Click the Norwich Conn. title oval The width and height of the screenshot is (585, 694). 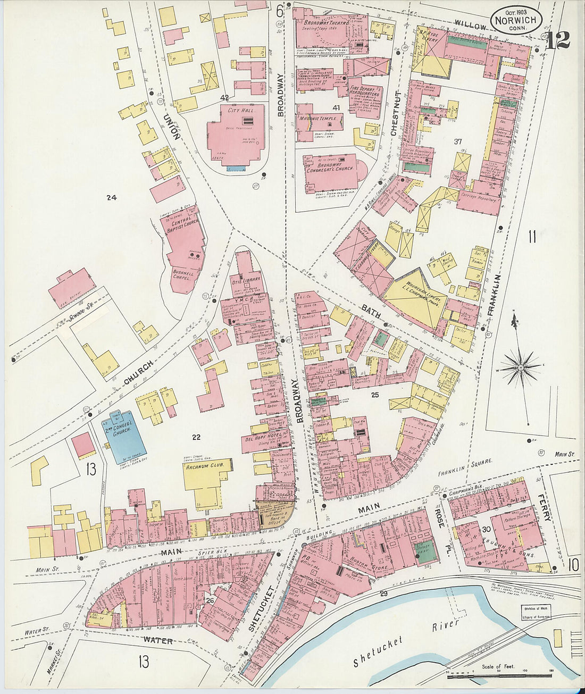tap(516, 20)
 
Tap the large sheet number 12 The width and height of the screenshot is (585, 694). tap(558, 40)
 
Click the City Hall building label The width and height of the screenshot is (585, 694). tap(238, 110)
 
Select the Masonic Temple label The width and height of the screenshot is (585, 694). tap(317, 118)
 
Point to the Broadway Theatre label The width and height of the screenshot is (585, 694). tap(326, 23)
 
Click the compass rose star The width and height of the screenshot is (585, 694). tap(521, 367)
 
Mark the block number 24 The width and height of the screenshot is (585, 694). tap(111, 198)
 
